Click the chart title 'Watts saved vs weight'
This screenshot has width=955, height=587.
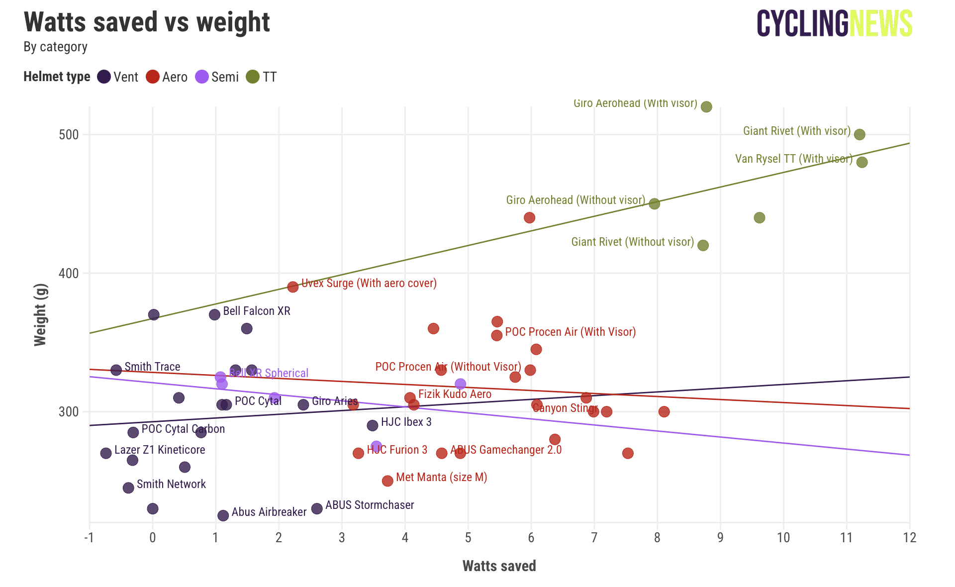pyautogui.click(x=147, y=22)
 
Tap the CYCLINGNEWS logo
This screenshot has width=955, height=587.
pyautogui.click(x=834, y=23)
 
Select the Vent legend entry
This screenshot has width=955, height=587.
pyautogui.click(x=118, y=77)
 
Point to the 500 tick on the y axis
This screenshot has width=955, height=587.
pyautogui.click(x=69, y=135)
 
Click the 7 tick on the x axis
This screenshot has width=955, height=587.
pyautogui.click(x=594, y=538)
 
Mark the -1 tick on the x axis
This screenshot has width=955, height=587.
pyautogui.click(x=89, y=538)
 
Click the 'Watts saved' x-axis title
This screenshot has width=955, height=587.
pyautogui.click(x=499, y=566)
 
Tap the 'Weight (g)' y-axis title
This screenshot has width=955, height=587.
pyautogui.click(x=40, y=315)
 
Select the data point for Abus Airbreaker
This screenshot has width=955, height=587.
pyautogui.click(x=223, y=515)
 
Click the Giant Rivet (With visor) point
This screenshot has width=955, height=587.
pyautogui.click(x=859, y=135)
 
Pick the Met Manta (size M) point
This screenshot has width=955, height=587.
pyautogui.click(x=387, y=481)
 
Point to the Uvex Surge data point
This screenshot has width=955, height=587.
pyautogui.click(x=293, y=287)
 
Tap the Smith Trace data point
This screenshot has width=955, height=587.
pyautogui.click(x=116, y=370)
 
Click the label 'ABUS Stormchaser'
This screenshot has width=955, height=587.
pyautogui.click(x=370, y=505)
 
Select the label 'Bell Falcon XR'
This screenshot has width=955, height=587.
pyautogui.click(x=257, y=311)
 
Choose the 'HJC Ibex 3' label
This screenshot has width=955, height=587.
pyautogui.click(x=406, y=422)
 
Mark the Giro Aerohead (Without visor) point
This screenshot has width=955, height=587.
pyautogui.click(x=655, y=204)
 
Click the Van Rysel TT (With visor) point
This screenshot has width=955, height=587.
pyautogui.click(x=862, y=162)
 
